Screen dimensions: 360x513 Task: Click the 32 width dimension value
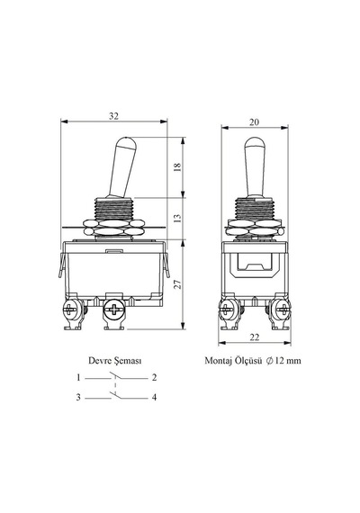click(113, 116)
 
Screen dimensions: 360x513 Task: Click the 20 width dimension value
click(254, 122)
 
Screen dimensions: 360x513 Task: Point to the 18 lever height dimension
click(177, 166)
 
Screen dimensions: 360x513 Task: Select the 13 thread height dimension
click(177, 218)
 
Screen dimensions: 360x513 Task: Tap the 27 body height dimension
click(177, 284)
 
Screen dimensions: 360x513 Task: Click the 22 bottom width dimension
click(255, 337)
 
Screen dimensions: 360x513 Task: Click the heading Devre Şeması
click(115, 361)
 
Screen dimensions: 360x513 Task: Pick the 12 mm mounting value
click(288, 361)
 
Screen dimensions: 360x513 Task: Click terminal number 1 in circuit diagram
click(78, 378)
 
